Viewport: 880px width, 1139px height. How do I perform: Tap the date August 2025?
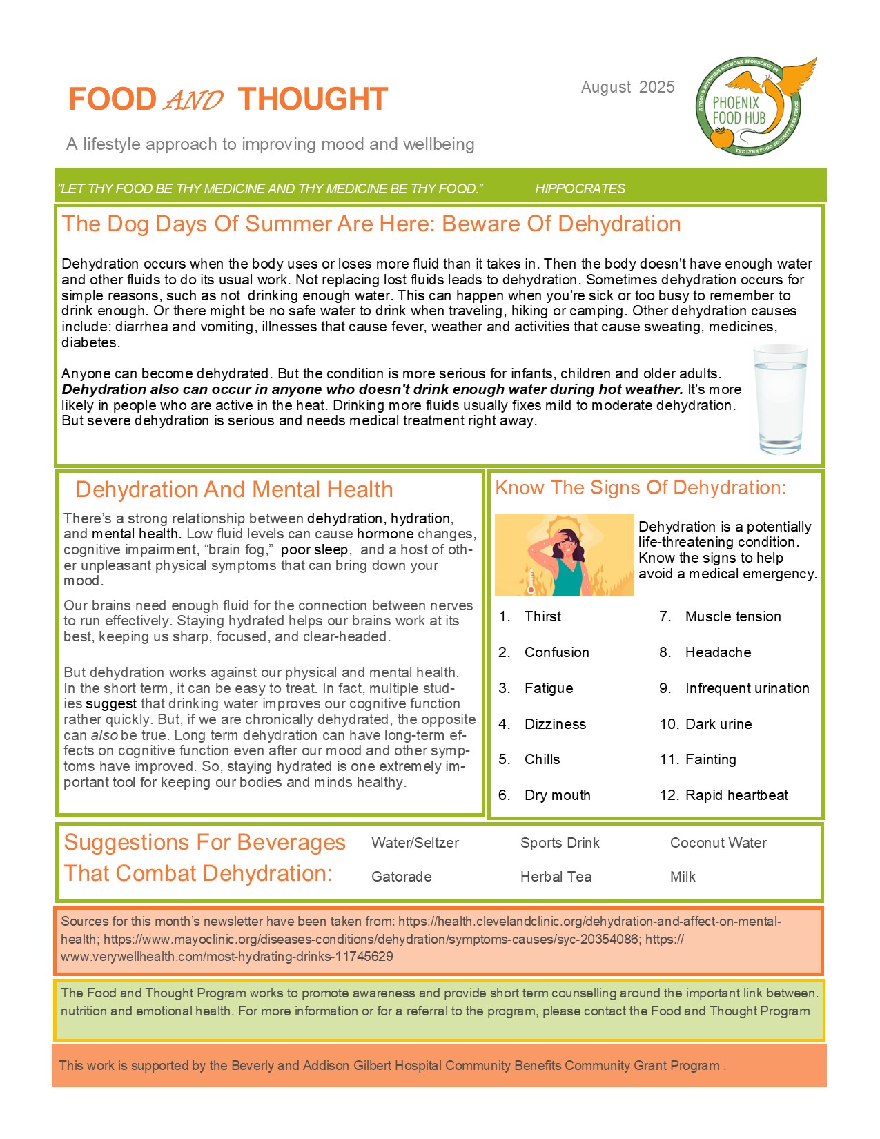[x=627, y=87]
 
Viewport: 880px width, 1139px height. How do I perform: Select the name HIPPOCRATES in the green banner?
[x=580, y=188]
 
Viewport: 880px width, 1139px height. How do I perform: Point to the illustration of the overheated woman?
[x=564, y=554]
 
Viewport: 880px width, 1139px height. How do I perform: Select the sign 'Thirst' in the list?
[x=542, y=616]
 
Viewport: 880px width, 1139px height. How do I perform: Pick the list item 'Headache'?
[x=718, y=652]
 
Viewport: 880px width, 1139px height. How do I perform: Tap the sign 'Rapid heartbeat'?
[x=736, y=795]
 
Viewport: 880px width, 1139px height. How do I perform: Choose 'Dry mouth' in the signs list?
[x=557, y=795]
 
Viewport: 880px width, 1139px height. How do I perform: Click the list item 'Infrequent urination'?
[x=747, y=688]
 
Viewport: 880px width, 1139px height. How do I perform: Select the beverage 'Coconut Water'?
[x=718, y=843]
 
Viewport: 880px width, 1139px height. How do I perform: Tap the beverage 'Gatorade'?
[x=401, y=877]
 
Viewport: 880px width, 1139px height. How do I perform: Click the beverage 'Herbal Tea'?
[x=556, y=877]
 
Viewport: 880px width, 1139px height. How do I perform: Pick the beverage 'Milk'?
[x=683, y=877]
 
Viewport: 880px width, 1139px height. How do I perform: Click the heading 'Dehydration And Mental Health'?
[x=234, y=489]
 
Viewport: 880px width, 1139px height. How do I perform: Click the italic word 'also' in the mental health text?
[x=104, y=735]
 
